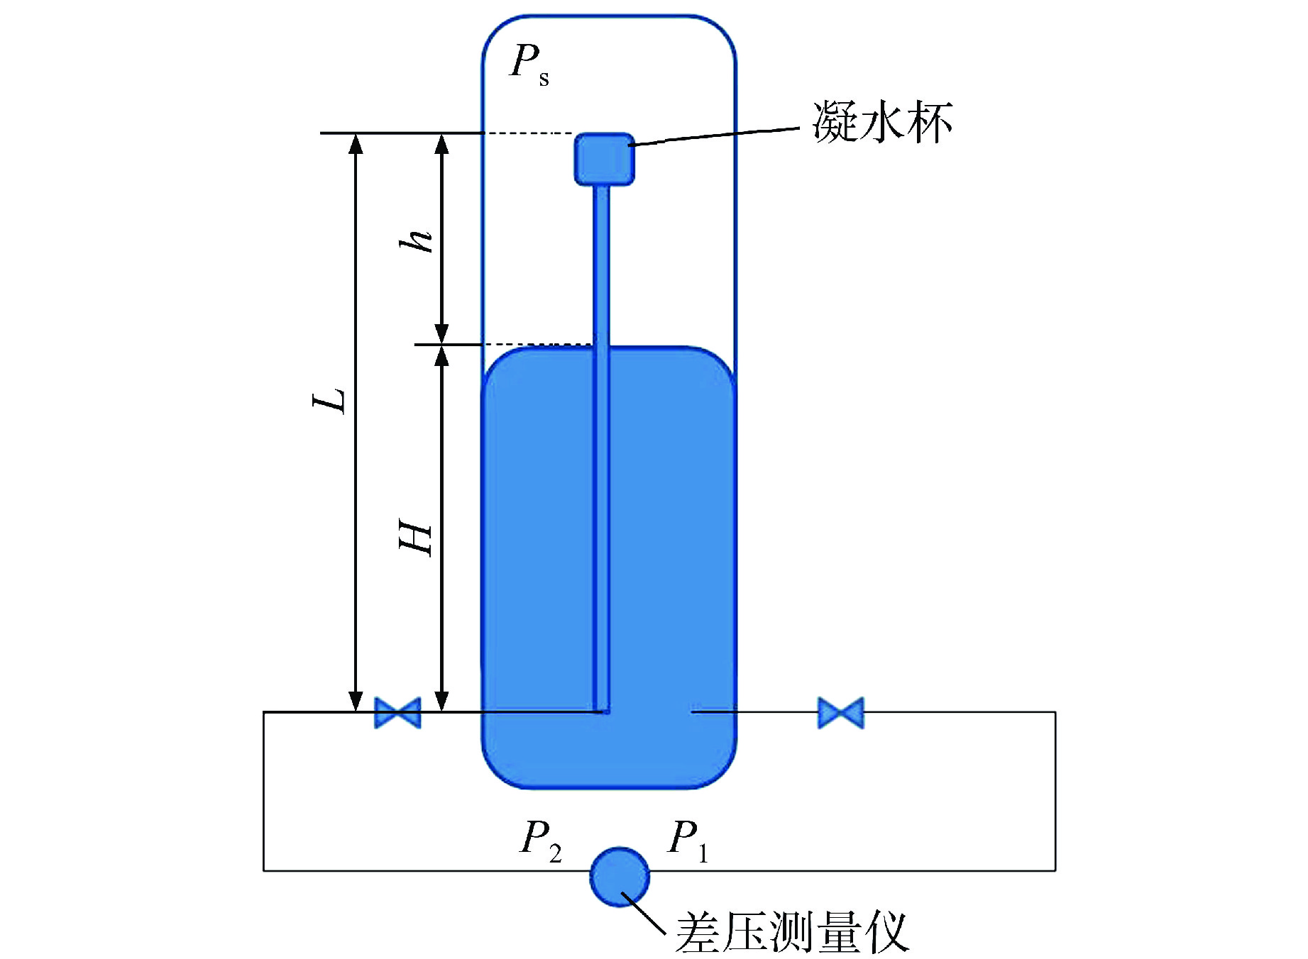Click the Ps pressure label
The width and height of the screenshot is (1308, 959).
click(x=529, y=64)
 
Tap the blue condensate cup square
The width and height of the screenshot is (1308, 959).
click(x=604, y=160)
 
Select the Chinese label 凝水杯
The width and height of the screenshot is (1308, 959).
click(x=882, y=123)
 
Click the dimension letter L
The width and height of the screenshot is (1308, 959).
click(x=330, y=401)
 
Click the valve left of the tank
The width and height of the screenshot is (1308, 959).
click(x=397, y=712)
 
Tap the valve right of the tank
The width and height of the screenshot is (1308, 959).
click(x=841, y=712)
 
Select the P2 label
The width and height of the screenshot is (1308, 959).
click(x=541, y=840)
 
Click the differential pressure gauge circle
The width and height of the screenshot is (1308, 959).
click(x=620, y=877)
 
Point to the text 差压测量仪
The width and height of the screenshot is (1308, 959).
click(x=791, y=931)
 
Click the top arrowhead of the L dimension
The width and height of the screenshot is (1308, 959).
click(x=356, y=143)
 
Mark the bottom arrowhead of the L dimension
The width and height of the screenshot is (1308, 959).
click(x=356, y=701)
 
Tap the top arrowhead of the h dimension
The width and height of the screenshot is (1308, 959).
click(x=441, y=143)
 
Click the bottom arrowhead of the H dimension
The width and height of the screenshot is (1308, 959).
click(x=441, y=701)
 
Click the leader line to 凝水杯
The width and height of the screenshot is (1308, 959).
click(x=717, y=136)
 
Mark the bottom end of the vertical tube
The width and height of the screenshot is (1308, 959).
click(x=603, y=709)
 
